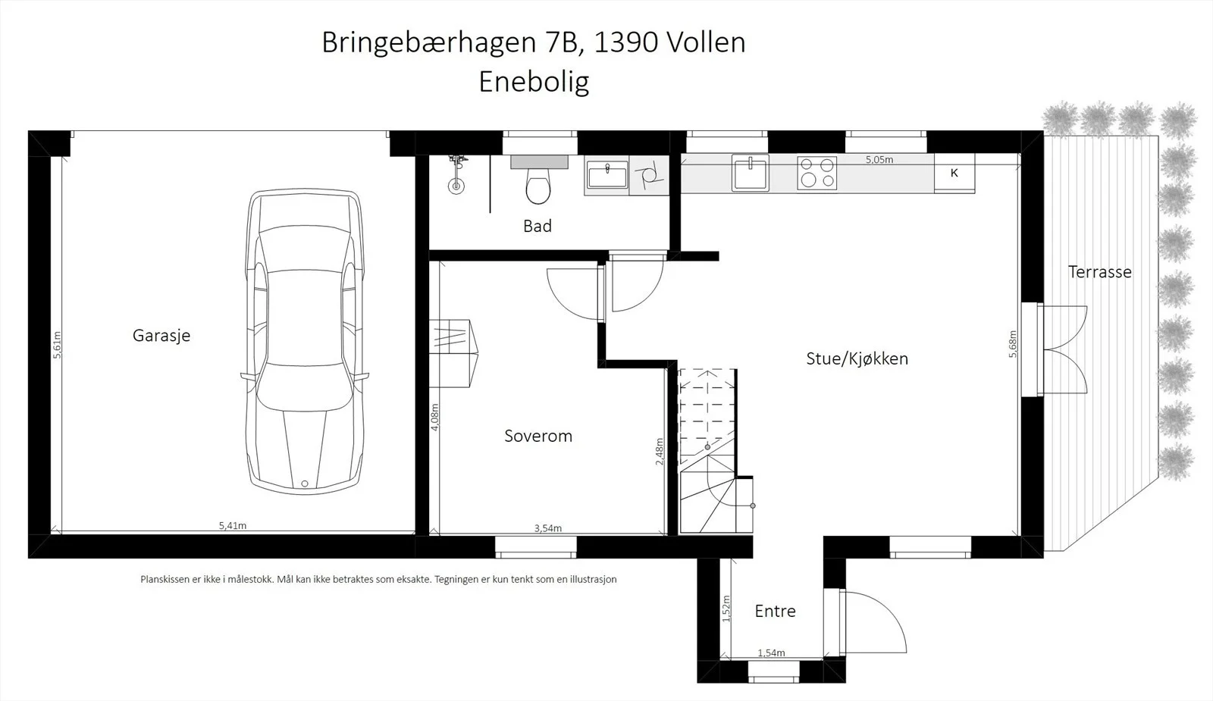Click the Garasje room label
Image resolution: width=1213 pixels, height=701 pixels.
click(161, 336)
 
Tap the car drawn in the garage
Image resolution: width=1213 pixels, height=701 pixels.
click(305, 341)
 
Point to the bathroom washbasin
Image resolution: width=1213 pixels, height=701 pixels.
click(607, 175)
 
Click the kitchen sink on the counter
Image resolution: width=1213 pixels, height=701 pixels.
click(750, 173)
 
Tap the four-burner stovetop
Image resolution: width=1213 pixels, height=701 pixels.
click(817, 174)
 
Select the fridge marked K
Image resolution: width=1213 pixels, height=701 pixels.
click(954, 174)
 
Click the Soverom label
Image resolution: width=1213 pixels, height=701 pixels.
click(538, 436)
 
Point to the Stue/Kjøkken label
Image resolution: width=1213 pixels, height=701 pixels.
click(857, 359)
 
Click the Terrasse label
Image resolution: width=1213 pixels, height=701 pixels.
click(1100, 272)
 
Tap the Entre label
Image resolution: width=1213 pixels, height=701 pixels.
click(776, 611)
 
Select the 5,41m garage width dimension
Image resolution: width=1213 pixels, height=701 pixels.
click(233, 526)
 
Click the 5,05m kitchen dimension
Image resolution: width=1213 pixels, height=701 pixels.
click(879, 160)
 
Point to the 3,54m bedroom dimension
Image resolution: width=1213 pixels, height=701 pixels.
click(548, 528)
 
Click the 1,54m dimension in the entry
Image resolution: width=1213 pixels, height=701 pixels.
click(771, 653)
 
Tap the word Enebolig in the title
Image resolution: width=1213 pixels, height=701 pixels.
click(534, 83)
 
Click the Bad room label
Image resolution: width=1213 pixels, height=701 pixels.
click(538, 226)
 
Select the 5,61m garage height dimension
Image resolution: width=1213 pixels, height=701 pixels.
click(58, 345)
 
